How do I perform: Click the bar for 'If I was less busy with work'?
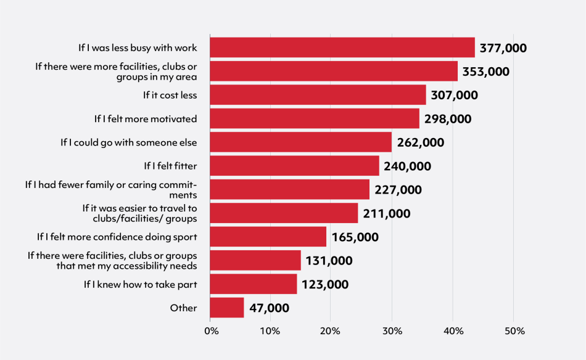click(342, 47)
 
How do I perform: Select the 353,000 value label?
click(486, 72)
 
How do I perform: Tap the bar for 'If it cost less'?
click(318, 95)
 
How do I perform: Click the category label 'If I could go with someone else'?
click(129, 142)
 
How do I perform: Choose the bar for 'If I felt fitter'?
click(295, 166)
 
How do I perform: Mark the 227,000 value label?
click(398, 190)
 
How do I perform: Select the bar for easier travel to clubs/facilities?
click(284, 213)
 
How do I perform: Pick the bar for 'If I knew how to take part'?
click(254, 284)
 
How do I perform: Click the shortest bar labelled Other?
click(227, 308)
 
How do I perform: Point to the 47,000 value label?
click(269, 308)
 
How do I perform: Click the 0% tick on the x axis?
click(211, 332)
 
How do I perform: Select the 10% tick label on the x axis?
click(270, 332)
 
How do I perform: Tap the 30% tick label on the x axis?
click(392, 332)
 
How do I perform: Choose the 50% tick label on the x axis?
click(514, 332)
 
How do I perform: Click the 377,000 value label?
click(503, 48)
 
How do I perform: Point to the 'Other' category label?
click(183, 308)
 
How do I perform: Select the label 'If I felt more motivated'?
click(146, 119)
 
